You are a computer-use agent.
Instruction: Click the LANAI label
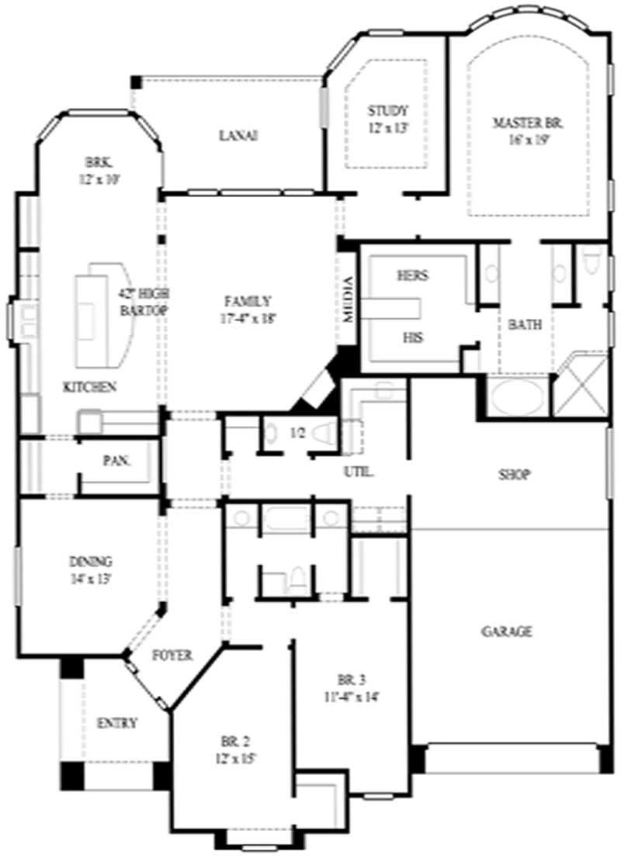pos(238,136)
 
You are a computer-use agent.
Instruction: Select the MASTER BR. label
pos(527,122)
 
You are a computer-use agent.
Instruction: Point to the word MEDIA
pos(349,300)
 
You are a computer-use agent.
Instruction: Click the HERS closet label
pos(412,275)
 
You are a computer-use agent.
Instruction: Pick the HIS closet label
pos(412,337)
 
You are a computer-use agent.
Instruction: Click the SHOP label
pos(513,475)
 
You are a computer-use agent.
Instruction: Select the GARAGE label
pos(506,631)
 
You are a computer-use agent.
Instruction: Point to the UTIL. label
pos(359,471)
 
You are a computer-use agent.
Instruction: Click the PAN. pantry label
pos(117,460)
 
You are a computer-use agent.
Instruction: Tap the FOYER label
pos(172,655)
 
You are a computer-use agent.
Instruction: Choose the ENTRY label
pos(116,723)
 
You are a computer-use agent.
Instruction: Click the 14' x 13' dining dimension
pos(90,578)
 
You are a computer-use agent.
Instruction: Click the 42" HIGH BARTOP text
pos(144,301)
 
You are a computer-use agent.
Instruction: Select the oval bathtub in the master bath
pos(517,396)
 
